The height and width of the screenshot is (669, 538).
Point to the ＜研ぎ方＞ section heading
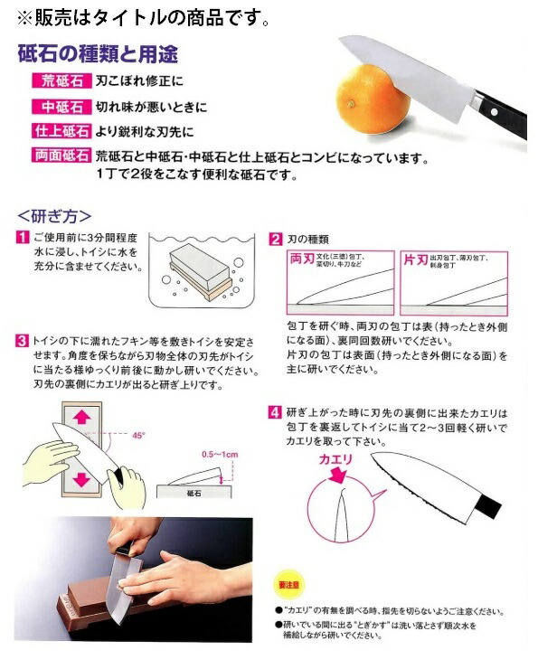click(x=54, y=216)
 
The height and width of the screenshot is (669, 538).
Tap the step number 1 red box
click(x=22, y=238)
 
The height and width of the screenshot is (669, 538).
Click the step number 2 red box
click(x=276, y=239)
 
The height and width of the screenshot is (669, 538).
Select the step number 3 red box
click(x=22, y=342)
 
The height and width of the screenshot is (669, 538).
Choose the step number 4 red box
click(x=276, y=413)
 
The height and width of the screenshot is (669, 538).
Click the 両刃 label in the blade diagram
click(x=300, y=260)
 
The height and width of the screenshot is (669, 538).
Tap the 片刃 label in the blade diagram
click(x=415, y=260)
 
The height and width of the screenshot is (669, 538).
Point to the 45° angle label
click(x=137, y=435)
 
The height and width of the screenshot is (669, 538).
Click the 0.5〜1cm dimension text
click(x=220, y=452)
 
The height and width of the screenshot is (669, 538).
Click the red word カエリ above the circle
click(x=336, y=459)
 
